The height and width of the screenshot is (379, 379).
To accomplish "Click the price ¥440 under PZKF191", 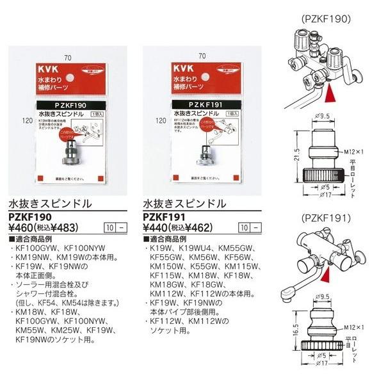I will click(x=153, y=227).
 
